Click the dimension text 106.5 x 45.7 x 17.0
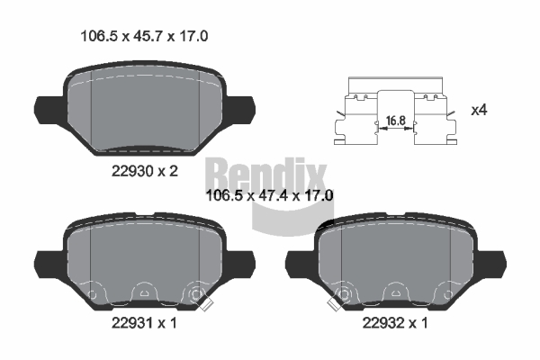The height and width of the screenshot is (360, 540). pyautogui.click(x=144, y=36)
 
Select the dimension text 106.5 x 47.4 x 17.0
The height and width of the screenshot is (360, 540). pyautogui.click(x=269, y=195)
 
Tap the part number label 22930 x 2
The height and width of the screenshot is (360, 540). pyautogui.click(x=145, y=171)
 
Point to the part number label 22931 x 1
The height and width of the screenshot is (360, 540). pyautogui.click(x=144, y=323)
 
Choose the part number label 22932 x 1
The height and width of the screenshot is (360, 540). pyautogui.click(x=395, y=323)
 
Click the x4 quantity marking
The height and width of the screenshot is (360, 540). pyautogui.click(x=479, y=110)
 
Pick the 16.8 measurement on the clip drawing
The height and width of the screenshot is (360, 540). pyautogui.click(x=396, y=121)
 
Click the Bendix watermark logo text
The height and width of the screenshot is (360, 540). pyautogui.click(x=265, y=175)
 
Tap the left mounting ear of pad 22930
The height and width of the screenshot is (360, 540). pyautogui.click(x=49, y=110)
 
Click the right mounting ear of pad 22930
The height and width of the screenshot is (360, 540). pyautogui.click(x=240, y=110)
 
